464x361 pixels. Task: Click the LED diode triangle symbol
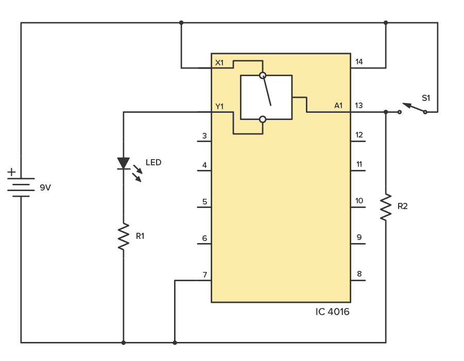point(123,163)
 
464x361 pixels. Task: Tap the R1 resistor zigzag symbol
point(123,236)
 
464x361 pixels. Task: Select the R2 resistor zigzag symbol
point(386,207)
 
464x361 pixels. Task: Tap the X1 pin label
point(219,63)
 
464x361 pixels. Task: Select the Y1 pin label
point(219,107)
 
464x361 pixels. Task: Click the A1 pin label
point(338,106)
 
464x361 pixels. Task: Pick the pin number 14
point(359,62)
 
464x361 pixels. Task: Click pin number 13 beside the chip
point(359,106)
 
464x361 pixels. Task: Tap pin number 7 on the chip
point(204,275)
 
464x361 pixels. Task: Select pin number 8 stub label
point(359,274)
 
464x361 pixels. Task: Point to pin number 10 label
point(359,201)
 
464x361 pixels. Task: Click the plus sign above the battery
point(11,172)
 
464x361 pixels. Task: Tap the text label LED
point(153,163)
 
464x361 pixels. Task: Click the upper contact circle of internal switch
point(263,76)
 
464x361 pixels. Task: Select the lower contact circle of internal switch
point(263,119)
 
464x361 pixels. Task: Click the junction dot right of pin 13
point(386,112)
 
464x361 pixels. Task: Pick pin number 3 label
point(204,136)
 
